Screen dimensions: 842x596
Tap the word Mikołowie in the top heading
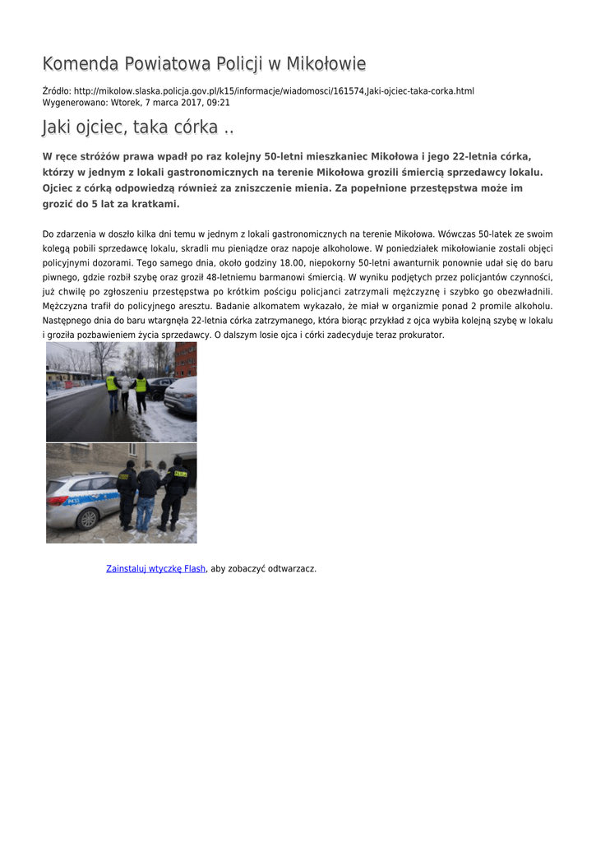pyautogui.click(x=324, y=64)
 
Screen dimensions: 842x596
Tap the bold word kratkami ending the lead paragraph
pyautogui.click(x=155, y=204)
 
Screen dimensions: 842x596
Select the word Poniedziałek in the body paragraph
pyautogui.click(x=416, y=248)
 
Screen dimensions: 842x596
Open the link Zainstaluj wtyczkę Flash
pyautogui.click(x=155, y=569)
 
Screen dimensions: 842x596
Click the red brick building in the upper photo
pyautogui.click(x=186, y=359)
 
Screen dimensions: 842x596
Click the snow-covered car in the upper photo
pyautogui.click(x=182, y=396)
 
